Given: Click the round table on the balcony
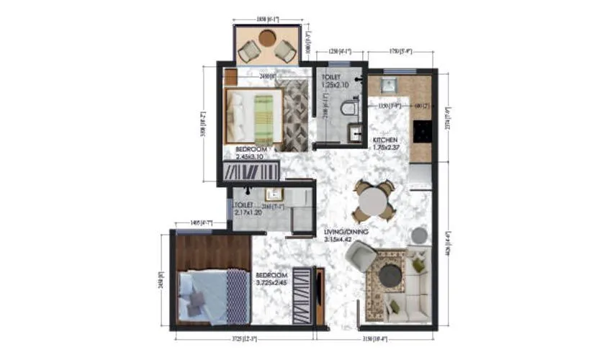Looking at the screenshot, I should (267, 38).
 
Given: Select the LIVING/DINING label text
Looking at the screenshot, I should (346, 231).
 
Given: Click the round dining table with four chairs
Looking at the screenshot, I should (373, 200).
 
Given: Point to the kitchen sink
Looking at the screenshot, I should (389, 85).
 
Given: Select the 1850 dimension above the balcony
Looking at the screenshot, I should (267, 19).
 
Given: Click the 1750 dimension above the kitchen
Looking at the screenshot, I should (400, 52).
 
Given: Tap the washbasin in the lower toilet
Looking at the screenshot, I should (272, 194).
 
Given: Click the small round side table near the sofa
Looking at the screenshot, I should (419, 235).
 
